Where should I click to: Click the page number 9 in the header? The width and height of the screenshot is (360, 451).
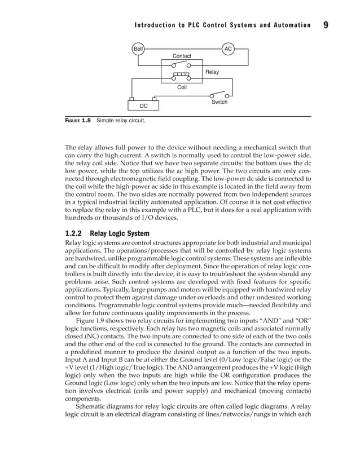tap(326, 25)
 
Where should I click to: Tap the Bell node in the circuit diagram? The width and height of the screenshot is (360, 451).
tap(138, 49)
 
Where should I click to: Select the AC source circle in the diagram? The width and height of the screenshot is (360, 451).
tap(228, 49)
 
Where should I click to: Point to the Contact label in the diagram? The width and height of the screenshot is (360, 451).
tap(182, 56)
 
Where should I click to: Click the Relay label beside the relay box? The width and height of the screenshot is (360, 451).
tap(212, 72)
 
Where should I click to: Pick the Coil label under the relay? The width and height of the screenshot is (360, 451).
tap(182, 87)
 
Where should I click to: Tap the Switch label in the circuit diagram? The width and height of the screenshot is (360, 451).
tap(219, 102)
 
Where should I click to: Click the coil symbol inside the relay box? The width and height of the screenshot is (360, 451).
tap(182, 75)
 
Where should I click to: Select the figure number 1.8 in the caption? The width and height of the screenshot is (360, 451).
tap(85, 121)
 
